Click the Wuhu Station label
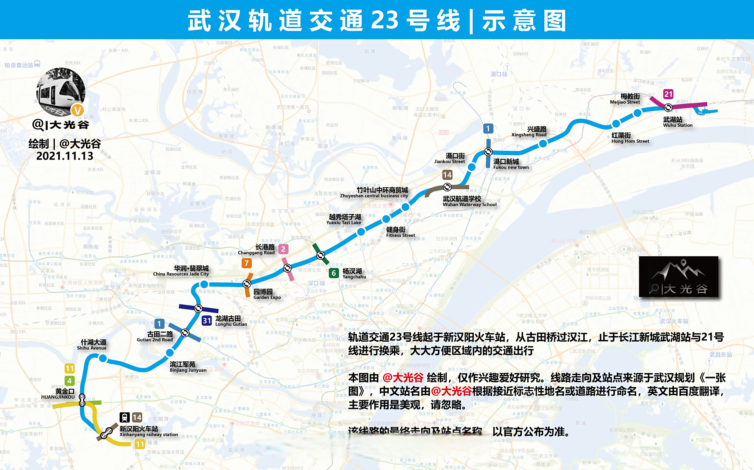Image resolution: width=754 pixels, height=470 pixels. (677, 122)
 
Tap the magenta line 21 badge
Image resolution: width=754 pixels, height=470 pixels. (668, 94)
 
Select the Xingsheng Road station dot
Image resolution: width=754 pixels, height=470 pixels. (543, 144)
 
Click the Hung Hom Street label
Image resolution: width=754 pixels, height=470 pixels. (630, 138)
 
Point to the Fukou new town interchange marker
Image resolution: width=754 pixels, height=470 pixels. (488, 151)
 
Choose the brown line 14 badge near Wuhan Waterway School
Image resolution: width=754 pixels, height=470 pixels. (447, 175)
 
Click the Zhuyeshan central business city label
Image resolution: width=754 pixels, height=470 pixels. (374, 193)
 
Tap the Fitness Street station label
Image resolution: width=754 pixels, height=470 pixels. (400, 232)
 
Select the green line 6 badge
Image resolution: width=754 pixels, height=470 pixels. (334, 273)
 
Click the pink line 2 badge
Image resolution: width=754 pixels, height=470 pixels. (283, 249)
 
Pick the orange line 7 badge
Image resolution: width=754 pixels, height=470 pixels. (247, 263)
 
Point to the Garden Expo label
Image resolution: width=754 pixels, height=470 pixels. (267, 294)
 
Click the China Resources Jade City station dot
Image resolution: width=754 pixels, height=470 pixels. (204, 284)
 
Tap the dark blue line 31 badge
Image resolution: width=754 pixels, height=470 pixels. (207, 321)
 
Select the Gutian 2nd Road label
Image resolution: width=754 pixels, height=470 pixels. (155, 337)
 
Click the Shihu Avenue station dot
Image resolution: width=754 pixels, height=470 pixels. (103, 358)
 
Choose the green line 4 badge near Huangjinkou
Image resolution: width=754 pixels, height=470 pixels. (69, 381)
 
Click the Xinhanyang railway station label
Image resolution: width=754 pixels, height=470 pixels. (148, 431)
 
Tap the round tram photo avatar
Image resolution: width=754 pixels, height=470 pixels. (61, 92)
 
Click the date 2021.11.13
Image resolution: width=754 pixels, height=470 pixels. (65, 156)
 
